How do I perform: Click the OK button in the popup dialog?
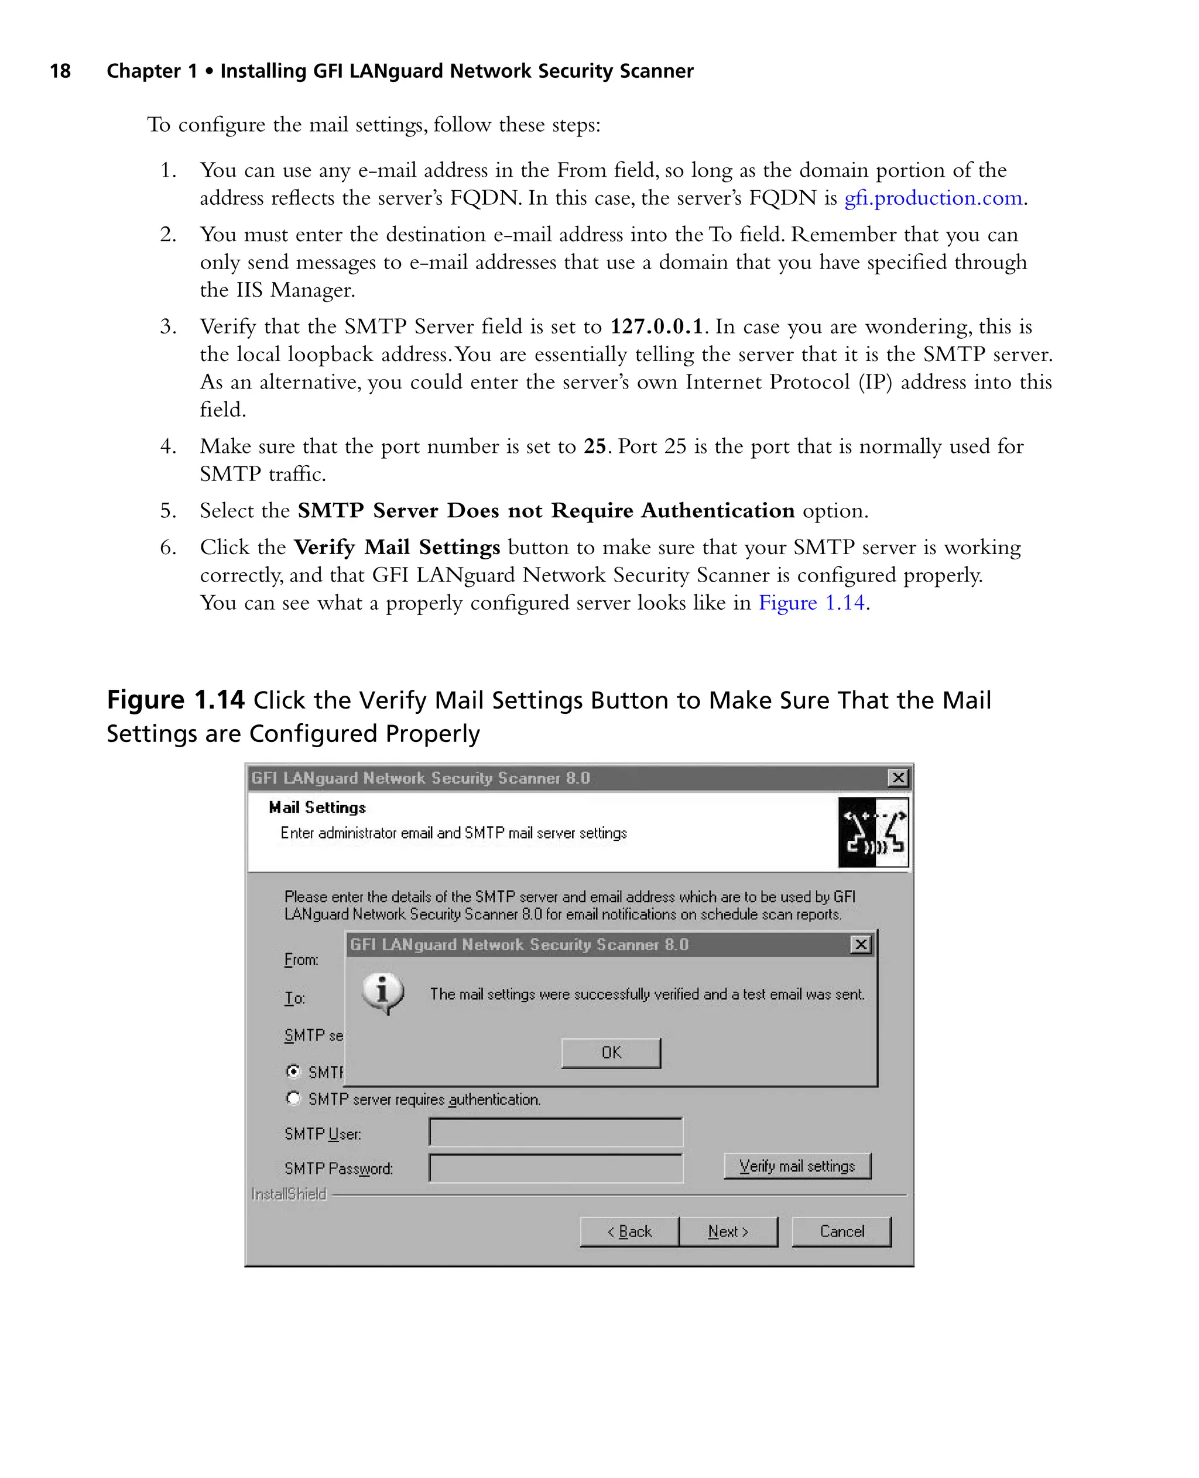pyautogui.click(x=611, y=1053)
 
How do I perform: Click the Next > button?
pyautogui.click(x=728, y=1232)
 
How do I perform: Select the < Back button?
pyautogui.click(x=629, y=1232)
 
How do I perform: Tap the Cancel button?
pyautogui.click(x=841, y=1232)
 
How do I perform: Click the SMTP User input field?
pyautogui.click(x=555, y=1132)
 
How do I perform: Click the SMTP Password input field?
pyautogui.click(x=555, y=1168)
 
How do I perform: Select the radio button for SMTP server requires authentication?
pyautogui.click(x=293, y=1098)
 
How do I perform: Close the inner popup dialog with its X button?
pyautogui.click(x=861, y=944)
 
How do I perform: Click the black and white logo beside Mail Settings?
pyautogui.click(x=873, y=832)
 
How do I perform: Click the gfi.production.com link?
pyautogui.click(x=933, y=198)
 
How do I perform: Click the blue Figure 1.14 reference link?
pyautogui.click(x=811, y=603)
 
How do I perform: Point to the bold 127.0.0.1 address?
pyautogui.click(x=656, y=326)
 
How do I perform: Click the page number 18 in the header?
pyautogui.click(x=60, y=71)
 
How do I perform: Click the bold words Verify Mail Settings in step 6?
pyautogui.click(x=396, y=548)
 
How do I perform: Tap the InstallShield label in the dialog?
pyautogui.click(x=288, y=1194)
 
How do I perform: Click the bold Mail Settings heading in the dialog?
pyautogui.click(x=317, y=807)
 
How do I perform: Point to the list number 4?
pyautogui.click(x=168, y=446)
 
